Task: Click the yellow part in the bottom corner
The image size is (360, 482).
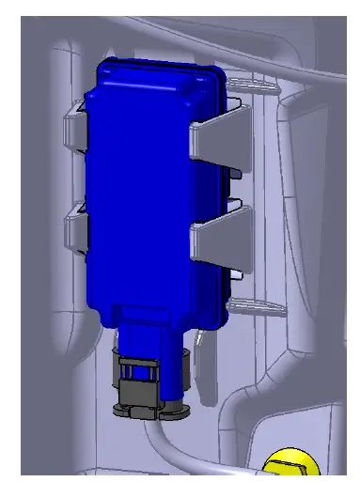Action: (290, 466)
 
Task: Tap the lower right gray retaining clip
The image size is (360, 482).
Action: (218, 235)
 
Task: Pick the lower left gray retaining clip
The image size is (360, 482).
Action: (75, 230)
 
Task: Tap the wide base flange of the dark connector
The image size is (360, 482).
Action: (150, 409)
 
